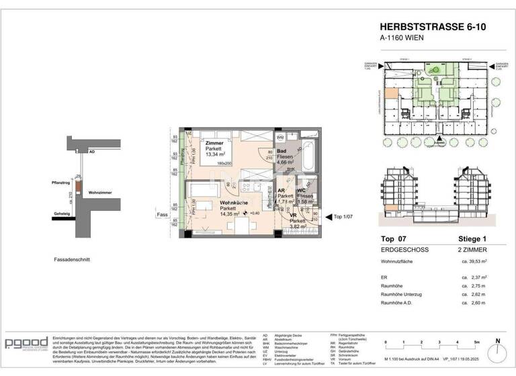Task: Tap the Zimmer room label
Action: click(x=215, y=143)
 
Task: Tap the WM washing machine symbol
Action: click(x=299, y=137)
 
